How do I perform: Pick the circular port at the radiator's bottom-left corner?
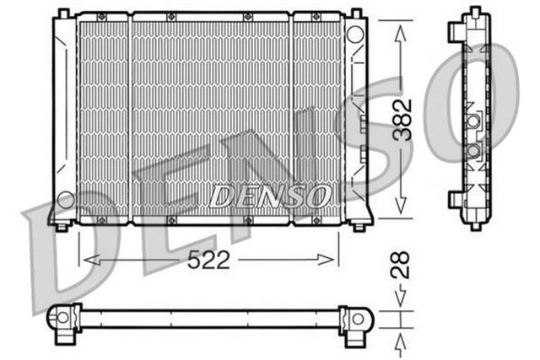click(65, 201)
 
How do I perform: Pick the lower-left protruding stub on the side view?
click(454, 199)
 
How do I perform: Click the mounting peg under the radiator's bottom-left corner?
click(62, 225)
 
